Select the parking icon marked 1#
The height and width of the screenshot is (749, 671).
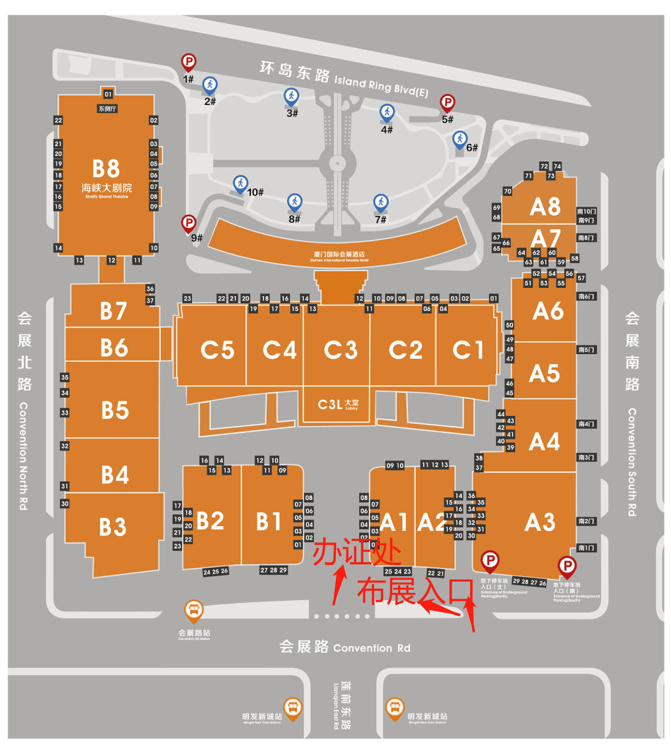coord(188,63)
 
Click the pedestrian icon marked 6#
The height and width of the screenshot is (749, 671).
coord(460,139)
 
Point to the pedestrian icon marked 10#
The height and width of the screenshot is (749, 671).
coord(241,184)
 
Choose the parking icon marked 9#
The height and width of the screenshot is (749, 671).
coord(188,224)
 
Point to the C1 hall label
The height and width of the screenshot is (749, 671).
coord(469,349)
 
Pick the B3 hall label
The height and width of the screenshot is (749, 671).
coord(113,526)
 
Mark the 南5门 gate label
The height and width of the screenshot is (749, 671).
coord(586,350)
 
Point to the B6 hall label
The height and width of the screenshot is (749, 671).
coord(114,348)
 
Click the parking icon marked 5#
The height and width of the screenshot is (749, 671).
coord(447,104)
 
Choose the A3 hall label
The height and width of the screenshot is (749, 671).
coord(540,523)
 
